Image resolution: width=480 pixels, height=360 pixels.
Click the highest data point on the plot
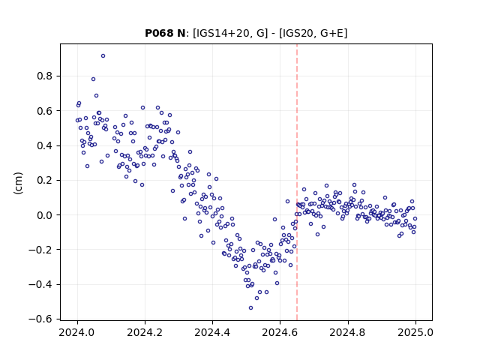click(103, 56)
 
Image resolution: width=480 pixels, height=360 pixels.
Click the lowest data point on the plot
click(250, 308)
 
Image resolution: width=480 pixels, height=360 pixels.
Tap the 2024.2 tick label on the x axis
click(145, 332)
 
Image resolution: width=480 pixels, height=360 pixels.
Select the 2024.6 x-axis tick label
click(280, 332)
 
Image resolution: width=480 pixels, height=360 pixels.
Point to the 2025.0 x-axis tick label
click(415, 332)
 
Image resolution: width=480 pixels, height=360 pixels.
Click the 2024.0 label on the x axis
click(77, 332)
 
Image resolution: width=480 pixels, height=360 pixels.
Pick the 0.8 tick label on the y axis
click(45, 76)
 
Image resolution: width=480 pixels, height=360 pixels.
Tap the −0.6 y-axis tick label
click(41, 319)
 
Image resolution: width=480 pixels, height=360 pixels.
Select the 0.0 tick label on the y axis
click(45, 215)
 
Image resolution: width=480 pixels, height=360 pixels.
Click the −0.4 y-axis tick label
click(41, 285)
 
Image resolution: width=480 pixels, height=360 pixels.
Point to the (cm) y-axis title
click(18, 183)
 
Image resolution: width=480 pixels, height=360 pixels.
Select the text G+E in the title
click(331, 33)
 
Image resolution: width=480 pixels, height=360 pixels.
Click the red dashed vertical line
click(297, 182)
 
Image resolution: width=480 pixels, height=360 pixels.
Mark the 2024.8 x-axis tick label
click(348, 332)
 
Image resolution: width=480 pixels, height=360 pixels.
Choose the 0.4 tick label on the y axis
click(45, 145)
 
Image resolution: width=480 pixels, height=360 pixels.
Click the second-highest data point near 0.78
click(93, 79)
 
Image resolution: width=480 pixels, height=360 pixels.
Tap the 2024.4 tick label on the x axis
click(212, 332)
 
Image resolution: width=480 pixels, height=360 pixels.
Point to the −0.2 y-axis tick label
click(41, 250)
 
